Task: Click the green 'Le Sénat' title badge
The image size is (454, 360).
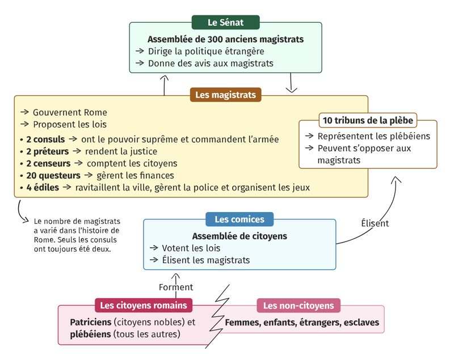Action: (225, 22)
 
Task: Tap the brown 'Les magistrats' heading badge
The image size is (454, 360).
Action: (225, 95)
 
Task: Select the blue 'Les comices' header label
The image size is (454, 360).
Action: (239, 219)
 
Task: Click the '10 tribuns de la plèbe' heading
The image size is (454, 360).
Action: (368, 120)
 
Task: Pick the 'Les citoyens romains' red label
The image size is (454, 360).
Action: (144, 306)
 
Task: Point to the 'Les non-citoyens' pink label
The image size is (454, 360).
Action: (299, 306)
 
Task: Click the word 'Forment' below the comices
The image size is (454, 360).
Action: (176, 287)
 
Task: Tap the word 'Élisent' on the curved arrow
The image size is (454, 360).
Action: (375, 223)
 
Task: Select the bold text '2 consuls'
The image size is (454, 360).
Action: (45, 139)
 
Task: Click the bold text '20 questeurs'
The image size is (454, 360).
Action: (53, 176)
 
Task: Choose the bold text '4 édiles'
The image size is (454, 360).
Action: (43, 188)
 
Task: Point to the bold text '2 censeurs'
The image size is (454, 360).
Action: (48, 164)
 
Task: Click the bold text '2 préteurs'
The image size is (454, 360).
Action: (48, 151)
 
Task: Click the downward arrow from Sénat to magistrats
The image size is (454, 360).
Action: (291, 83)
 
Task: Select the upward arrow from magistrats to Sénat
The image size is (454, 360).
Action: (164, 85)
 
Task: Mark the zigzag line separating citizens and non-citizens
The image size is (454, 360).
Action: (219, 316)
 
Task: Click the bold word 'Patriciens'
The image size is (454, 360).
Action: (91, 322)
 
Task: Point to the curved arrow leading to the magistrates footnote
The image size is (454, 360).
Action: (20, 213)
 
